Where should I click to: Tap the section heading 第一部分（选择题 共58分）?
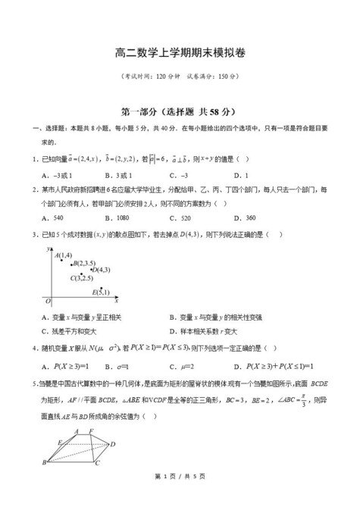[180, 111]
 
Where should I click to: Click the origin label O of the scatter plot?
[47, 301]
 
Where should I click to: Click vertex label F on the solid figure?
[92, 431]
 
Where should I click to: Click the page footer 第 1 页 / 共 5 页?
[180, 496]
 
